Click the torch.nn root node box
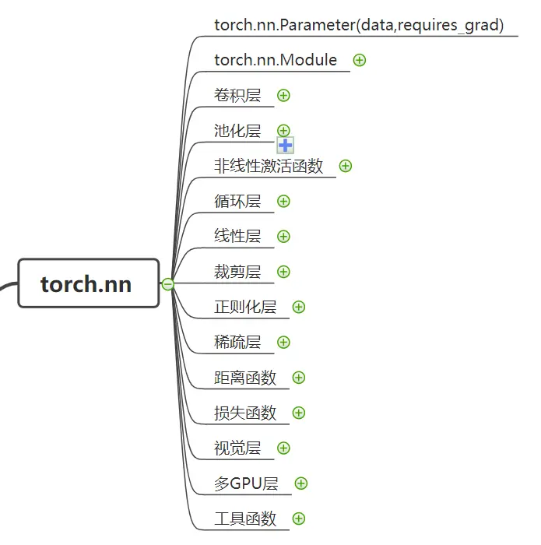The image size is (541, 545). (89, 283)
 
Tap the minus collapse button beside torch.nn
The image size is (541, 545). (168, 284)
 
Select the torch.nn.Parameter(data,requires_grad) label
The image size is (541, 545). (359, 25)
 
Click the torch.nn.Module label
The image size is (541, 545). (276, 60)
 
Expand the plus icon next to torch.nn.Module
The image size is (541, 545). (360, 60)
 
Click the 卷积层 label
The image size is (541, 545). (237, 95)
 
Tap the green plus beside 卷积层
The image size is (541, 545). (283, 95)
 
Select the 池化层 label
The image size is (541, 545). (237, 131)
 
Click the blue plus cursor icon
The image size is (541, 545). (286, 146)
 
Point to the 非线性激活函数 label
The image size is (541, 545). (269, 166)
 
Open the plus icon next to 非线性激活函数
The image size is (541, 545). (346, 166)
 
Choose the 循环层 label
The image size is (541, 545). (237, 201)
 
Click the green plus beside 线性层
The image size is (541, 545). (283, 237)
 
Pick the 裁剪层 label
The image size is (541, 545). (237, 272)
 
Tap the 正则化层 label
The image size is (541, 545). (245, 307)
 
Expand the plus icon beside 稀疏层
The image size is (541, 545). (283, 342)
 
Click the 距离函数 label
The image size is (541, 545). (245, 378)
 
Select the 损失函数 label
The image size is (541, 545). (245, 413)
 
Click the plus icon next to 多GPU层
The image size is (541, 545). (301, 483)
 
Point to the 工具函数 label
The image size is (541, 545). (245, 519)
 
